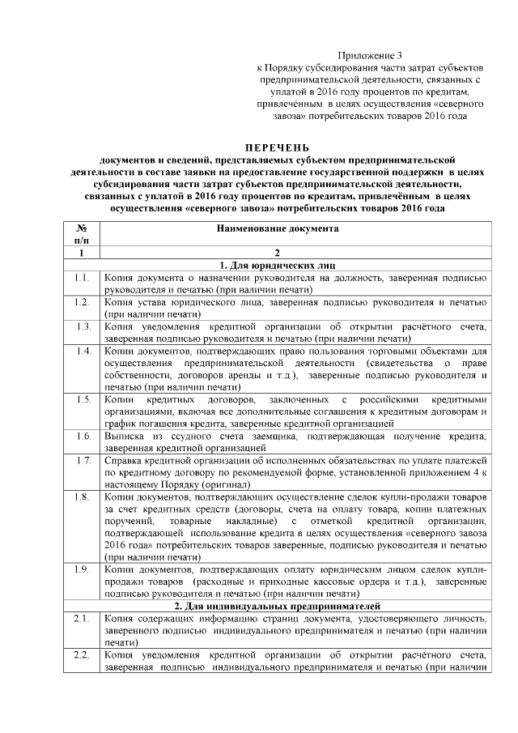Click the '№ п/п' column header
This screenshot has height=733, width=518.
(81, 235)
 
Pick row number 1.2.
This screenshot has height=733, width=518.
(81, 301)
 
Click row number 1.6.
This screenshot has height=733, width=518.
(81, 436)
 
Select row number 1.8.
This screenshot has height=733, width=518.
(81, 496)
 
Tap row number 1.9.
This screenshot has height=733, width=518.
(81, 570)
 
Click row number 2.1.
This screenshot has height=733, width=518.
(81, 619)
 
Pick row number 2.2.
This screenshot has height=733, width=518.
(81, 655)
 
